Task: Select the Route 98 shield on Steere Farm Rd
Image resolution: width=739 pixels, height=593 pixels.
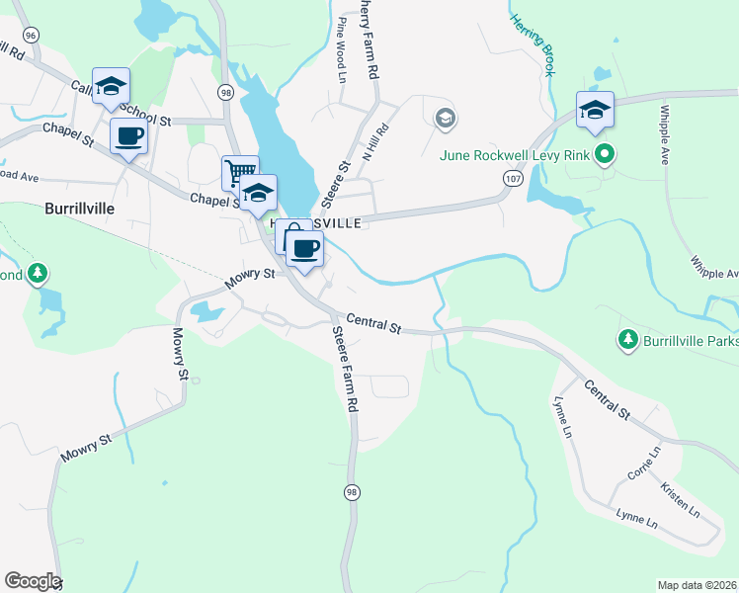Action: point(351,491)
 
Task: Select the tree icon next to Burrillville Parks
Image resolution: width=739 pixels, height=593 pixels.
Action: point(626,341)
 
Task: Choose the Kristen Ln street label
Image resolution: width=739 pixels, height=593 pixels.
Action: point(681,499)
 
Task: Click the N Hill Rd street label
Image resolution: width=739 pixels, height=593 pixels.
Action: point(376,141)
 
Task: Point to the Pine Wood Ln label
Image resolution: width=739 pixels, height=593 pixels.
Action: point(342,48)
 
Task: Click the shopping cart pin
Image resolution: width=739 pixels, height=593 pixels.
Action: point(240,172)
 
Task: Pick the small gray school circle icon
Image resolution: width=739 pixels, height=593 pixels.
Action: point(445,119)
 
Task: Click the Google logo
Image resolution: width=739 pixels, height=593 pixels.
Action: point(33,581)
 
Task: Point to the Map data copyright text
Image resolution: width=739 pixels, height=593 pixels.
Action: point(697,585)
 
